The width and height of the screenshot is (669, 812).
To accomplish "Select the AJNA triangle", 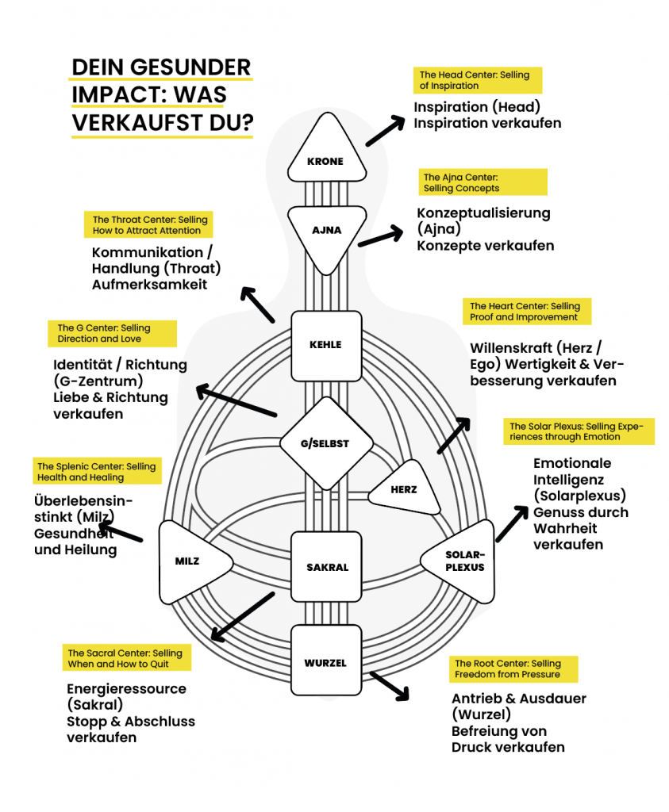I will tap(325, 226).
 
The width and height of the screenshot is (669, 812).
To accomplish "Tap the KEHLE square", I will tap(325, 345).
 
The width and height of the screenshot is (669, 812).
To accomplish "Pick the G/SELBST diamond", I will tap(325, 442).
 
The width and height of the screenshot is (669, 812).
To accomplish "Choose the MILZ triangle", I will tap(190, 560).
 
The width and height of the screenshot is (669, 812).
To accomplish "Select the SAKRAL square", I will tap(326, 566).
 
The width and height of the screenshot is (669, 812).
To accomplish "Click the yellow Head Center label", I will tap(477, 80).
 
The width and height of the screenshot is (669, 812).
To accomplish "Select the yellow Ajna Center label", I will tap(483, 182).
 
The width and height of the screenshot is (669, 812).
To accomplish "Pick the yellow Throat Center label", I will tap(148, 224).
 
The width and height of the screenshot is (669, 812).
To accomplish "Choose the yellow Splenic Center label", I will tap(97, 471).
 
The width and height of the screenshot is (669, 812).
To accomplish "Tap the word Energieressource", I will tap(126, 688).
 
